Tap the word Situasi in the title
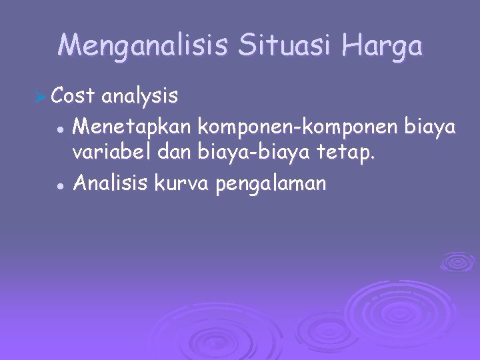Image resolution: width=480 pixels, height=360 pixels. [285, 47]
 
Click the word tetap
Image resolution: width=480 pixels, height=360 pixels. [350, 155]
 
